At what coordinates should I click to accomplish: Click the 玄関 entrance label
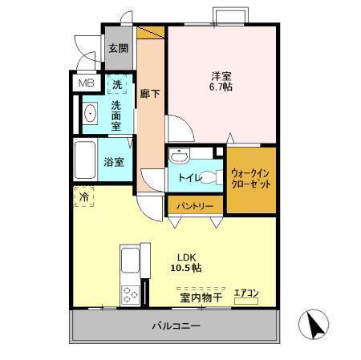118,48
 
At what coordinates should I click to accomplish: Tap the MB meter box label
84,83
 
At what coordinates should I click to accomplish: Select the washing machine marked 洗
118,83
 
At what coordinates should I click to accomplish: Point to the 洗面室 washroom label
116,115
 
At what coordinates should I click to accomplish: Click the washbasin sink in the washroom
90,114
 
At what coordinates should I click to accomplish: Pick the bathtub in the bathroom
85,160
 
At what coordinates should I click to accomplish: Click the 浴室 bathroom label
115,162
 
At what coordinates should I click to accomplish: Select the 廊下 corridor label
150,94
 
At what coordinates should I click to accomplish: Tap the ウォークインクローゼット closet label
251,177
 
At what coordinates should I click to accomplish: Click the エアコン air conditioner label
245,293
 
